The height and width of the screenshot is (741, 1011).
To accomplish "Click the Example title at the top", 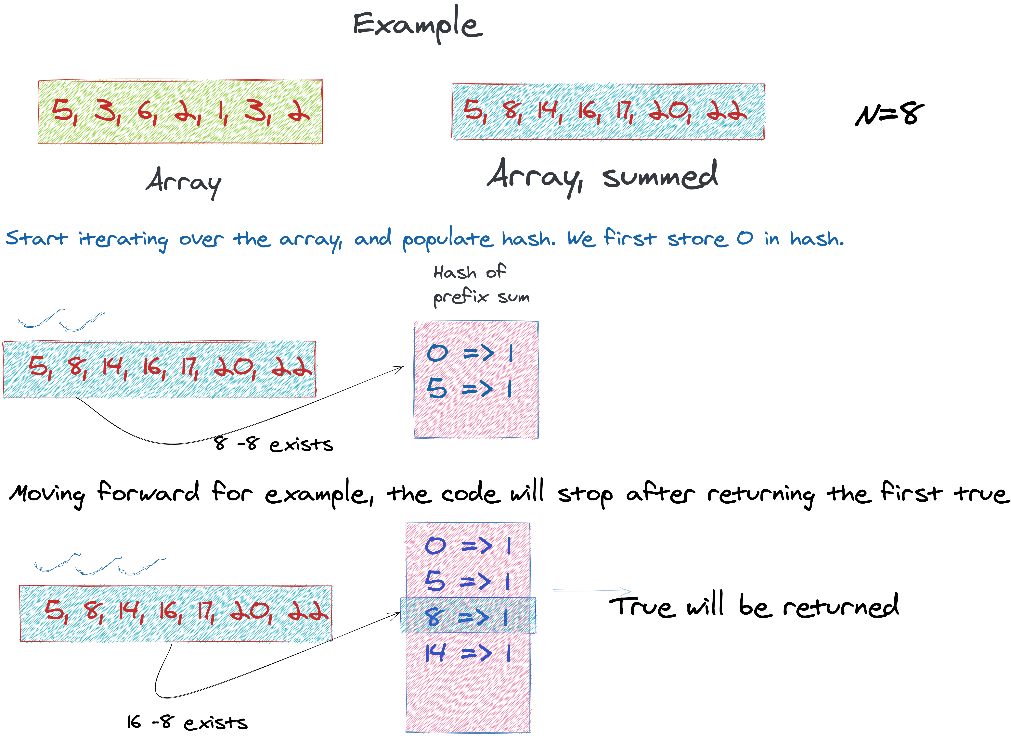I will (417, 25).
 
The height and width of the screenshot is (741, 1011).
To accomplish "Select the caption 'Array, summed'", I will (602, 176).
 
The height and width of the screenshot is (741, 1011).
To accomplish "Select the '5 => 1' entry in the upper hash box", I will (469, 388).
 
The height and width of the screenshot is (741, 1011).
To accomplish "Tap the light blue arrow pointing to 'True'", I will (592, 591).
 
